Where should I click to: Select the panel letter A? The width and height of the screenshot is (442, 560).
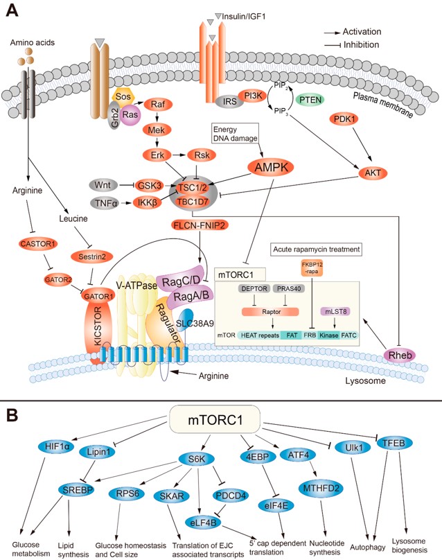[x=12, y=11]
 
